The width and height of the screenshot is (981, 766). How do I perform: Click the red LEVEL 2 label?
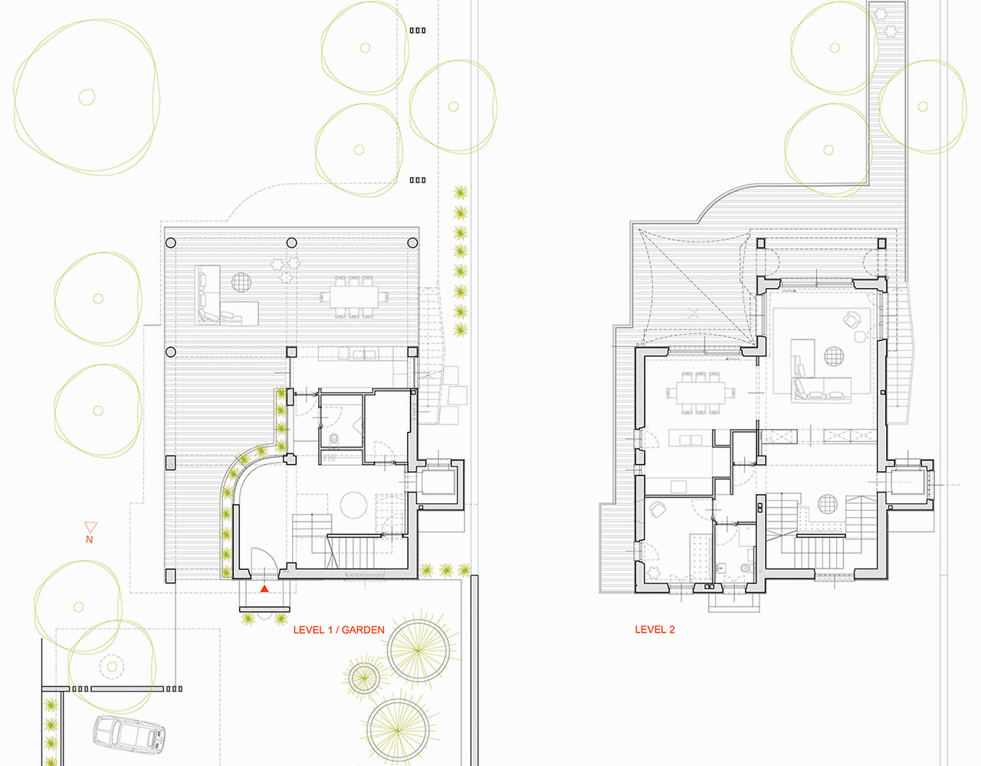point(655,630)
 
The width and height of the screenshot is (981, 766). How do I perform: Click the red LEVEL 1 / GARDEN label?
point(339,630)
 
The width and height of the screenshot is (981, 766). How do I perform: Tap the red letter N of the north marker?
point(90,539)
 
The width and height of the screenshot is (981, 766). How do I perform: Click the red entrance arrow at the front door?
point(264,588)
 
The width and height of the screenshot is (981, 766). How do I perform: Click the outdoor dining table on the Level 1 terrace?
point(354,297)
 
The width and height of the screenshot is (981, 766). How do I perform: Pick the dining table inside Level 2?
point(700,393)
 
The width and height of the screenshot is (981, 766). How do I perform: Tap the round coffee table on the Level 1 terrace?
point(241,283)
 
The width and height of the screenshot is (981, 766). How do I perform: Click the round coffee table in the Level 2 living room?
point(833,356)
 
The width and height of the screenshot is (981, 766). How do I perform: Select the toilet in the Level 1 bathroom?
point(334,439)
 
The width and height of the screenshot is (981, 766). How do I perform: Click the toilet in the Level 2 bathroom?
point(746,568)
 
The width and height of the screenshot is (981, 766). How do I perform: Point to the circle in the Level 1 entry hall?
point(354,506)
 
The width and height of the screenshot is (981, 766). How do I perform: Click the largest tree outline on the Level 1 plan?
point(87,97)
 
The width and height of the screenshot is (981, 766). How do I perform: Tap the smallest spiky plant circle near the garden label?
point(363,677)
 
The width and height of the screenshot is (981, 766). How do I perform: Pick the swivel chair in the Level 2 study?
point(657,510)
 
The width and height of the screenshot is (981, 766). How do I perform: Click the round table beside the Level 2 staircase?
point(827,504)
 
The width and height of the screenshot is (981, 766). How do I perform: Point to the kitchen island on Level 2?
point(691,437)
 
